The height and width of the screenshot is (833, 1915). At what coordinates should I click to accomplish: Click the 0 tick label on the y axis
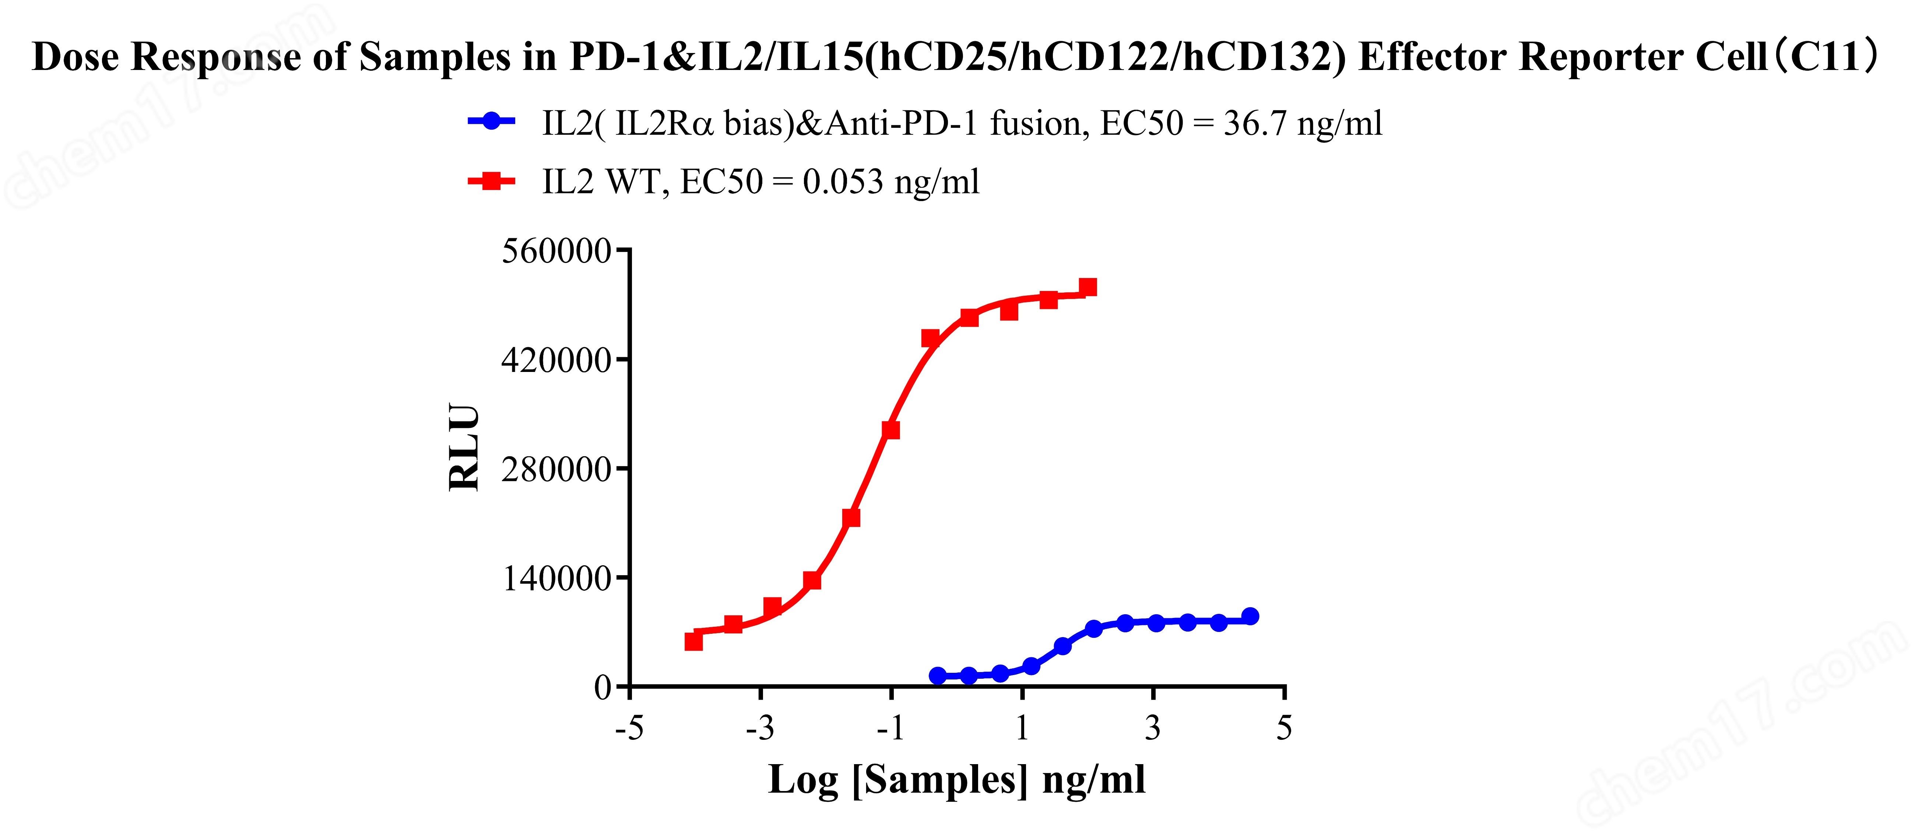coord(602,688)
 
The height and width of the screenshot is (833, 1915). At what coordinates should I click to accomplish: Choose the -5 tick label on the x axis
coord(629,728)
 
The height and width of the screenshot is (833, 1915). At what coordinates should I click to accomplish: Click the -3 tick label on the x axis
coord(760,728)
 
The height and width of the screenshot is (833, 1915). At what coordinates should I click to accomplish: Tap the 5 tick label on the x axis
coord(1284,728)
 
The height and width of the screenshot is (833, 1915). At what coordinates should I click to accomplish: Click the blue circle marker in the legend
coord(491,121)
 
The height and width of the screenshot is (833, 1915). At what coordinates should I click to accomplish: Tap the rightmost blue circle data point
coord(1250,616)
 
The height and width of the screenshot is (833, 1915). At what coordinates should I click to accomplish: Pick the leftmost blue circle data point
coord(937,675)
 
